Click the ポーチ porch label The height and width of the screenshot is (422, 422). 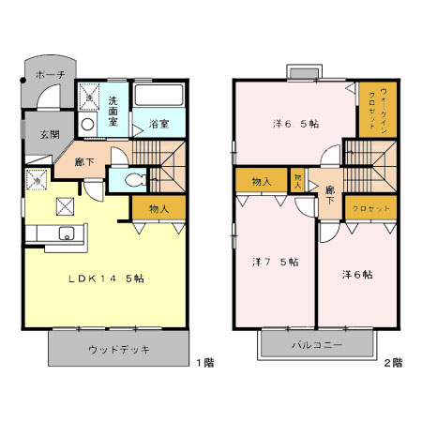pyautogui.click(x=49, y=74)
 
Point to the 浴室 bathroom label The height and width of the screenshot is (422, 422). pyautogui.click(x=158, y=123)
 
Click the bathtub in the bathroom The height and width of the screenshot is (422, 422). pyautogui.click(x=160, y=95)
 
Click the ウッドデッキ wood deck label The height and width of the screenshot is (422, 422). pyautogui.click(x=120, y=350)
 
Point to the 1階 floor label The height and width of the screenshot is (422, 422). pyautogui.click(x=205, y=360)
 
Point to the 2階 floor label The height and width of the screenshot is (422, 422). pyautogui.click(x=392, y=360)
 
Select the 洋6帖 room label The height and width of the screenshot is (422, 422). pyautogui.click(x=356, y=275)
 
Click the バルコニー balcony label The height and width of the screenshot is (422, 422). pyautogui.click(x=320, y=345)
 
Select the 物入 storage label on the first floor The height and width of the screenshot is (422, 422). pyautogui.click(x=158, y=209)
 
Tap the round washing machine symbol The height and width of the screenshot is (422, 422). pyautogui.click(x=87, y=123)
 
